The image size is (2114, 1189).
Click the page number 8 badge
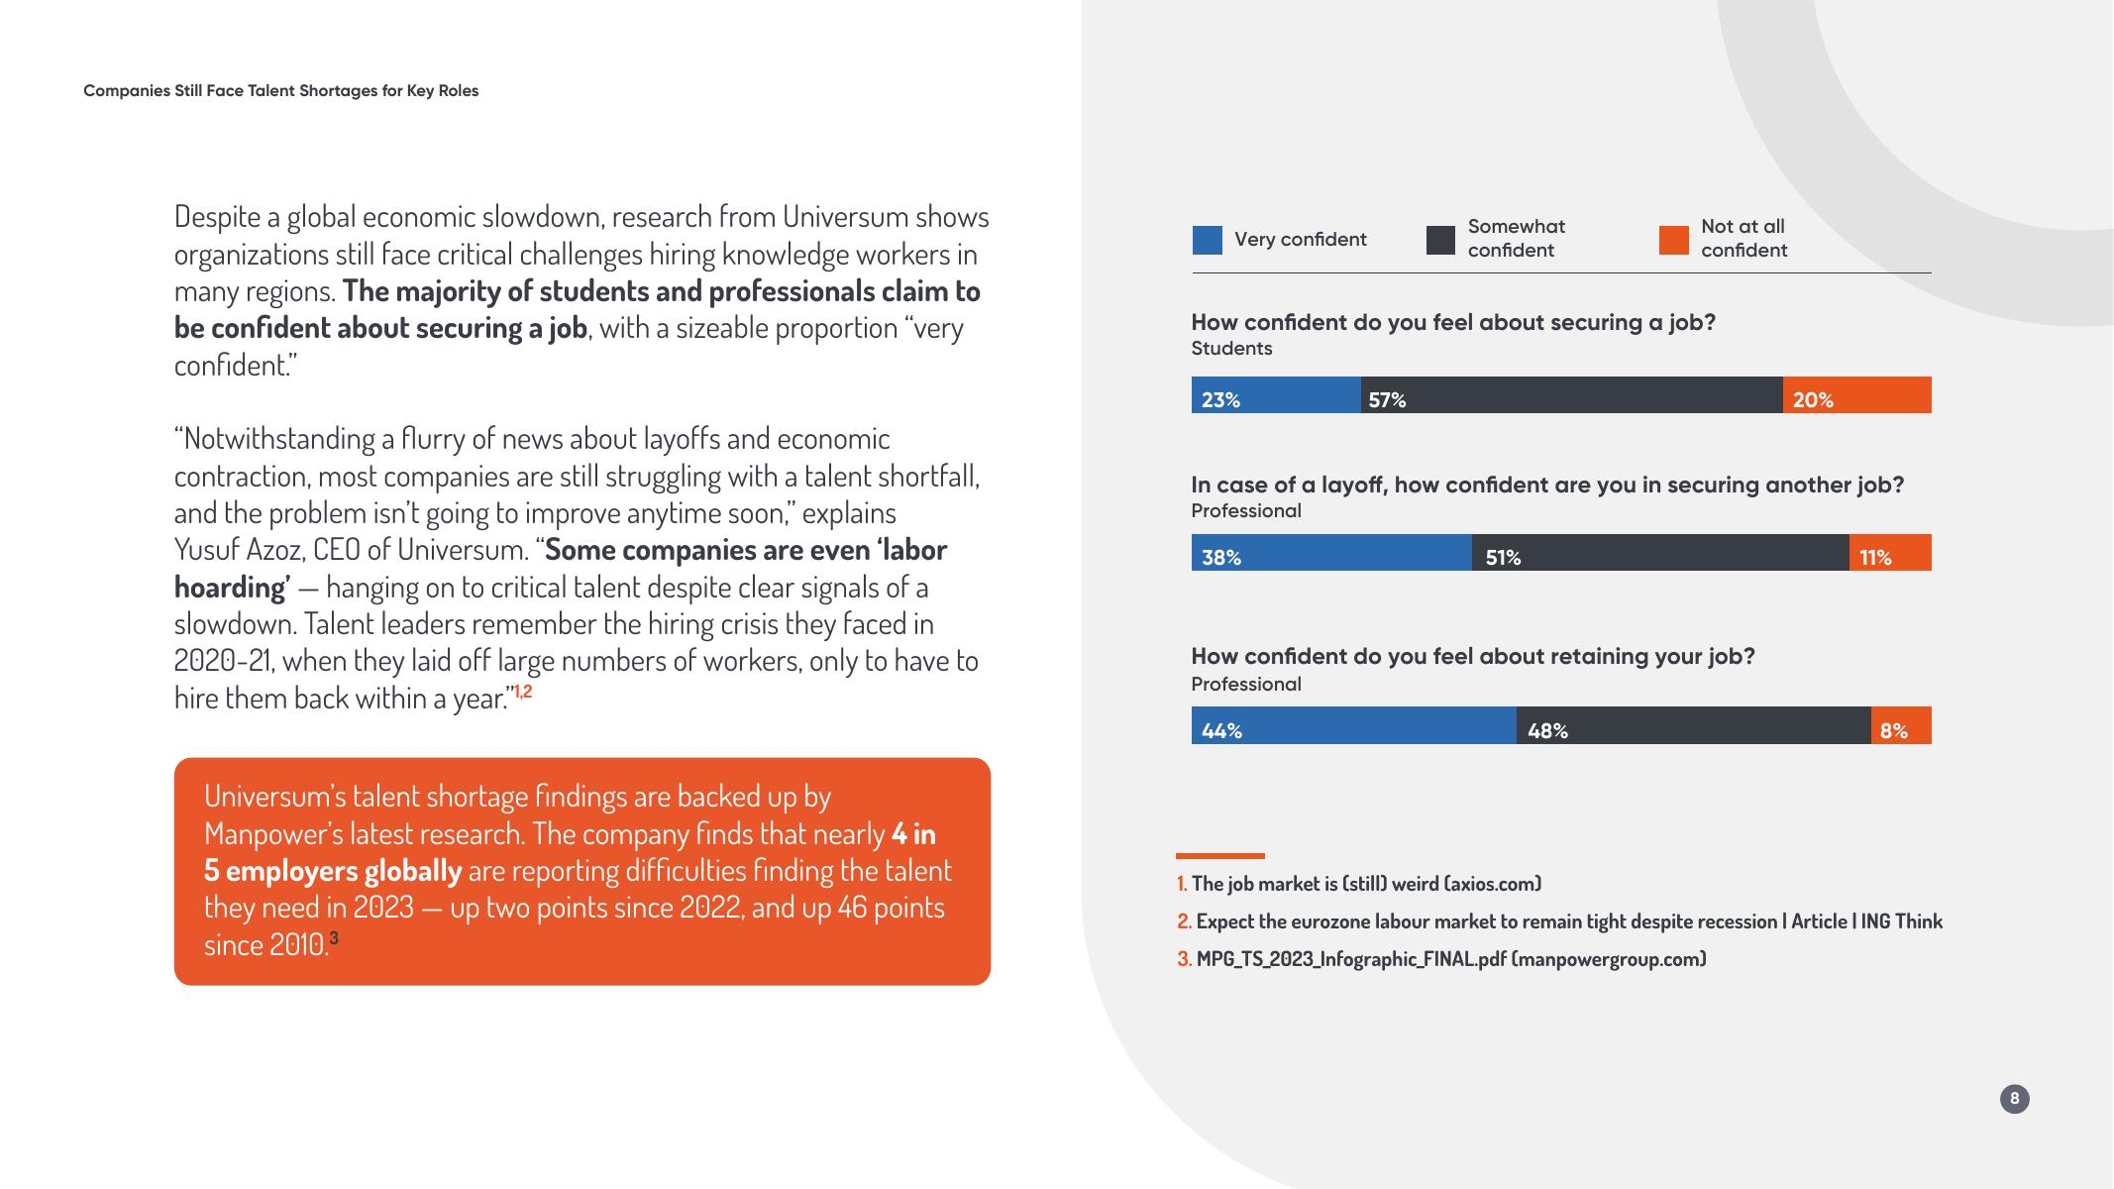[x=2014, y=1099]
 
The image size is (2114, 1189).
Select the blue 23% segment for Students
[x=1276, y=395]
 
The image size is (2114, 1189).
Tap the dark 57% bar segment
[x=1572, y=395]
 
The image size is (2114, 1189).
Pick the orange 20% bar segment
[x=1857, y=395]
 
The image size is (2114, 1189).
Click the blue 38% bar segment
[x=1331, y=553]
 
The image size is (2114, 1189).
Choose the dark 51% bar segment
[x=1660, y=553]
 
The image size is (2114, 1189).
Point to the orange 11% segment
[x=1890, y=553]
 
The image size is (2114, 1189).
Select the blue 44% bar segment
[x=1354, y=725]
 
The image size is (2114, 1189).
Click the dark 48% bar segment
[x=1694, y=725]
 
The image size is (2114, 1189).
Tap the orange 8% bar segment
[x=1901, y=725]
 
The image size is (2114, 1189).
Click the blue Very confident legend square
[x=1207, y=240]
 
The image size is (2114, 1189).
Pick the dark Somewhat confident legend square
[x=1440, y=240]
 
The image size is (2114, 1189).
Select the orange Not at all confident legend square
[x=1674, y=240]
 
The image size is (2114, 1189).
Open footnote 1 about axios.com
[x=1359, y=884]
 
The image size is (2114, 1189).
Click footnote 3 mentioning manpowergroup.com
[x=1441, y=959]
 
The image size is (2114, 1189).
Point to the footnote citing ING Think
[x=1560, y=921]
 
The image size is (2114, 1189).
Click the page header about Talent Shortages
[x=281, y=91]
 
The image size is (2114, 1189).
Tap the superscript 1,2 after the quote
[x=522, y=691]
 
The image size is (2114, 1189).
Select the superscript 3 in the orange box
[x=333, y=937]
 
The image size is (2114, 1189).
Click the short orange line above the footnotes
[x=1220, y=855]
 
